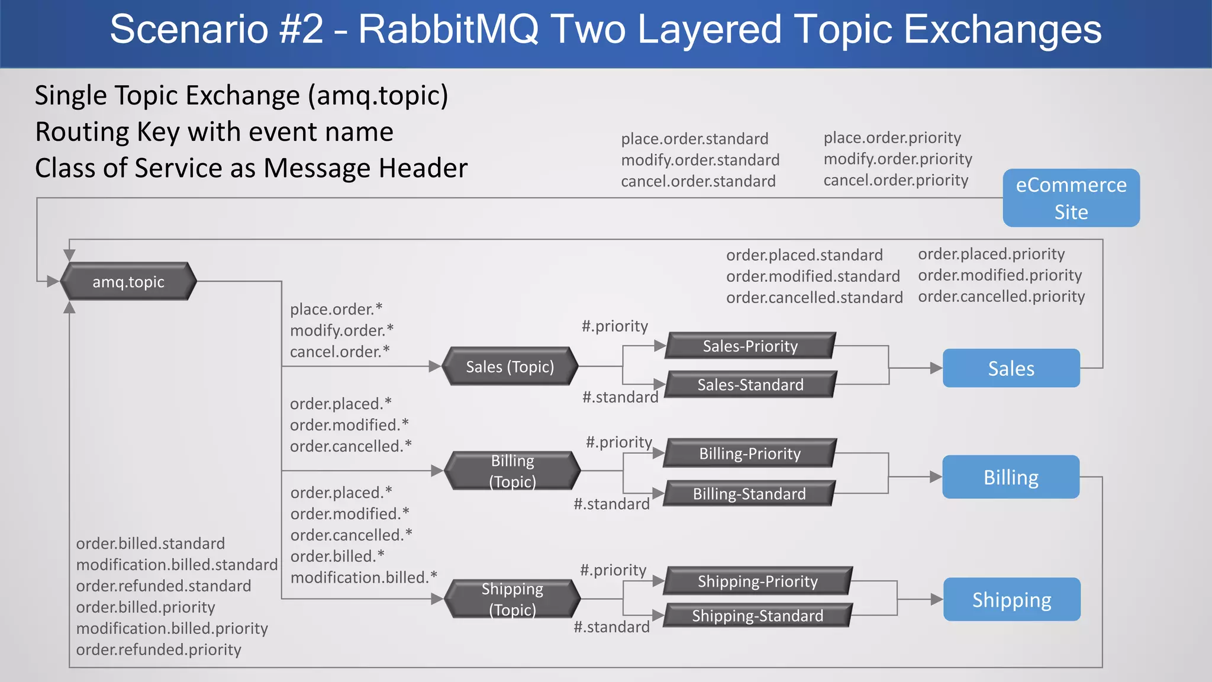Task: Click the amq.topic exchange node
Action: tap(128, 282)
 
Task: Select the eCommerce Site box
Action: tap(1071, 198)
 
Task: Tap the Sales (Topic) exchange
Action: tap(510, 367)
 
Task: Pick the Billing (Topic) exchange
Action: tap(512, 471)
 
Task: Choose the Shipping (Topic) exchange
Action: tap(512, 599)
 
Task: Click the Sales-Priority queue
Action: tap(750, 346)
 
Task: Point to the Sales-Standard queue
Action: tap(750, 385)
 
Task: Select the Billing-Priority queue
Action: tap(750, 453)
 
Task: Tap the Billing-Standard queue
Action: tap(749, 494)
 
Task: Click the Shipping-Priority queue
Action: tap(757, 581)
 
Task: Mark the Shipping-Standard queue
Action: tap(757, 616)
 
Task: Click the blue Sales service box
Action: tap(1011, 368)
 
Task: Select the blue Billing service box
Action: tap(1011, 477)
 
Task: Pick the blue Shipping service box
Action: tap(1011, 600)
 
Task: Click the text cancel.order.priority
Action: tap(895, 180)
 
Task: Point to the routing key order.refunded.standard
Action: tap(163, 586)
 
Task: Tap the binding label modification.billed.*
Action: tap(363, 578)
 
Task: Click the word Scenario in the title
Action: tap(188, 30)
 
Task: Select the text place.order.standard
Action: tap(694, 139)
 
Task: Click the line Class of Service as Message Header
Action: tap(251, 168)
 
